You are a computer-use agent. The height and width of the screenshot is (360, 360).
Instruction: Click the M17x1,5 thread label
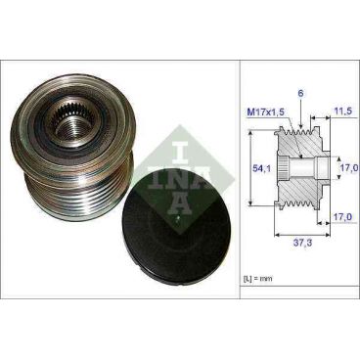pyautogui.click(x=264, y=112)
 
